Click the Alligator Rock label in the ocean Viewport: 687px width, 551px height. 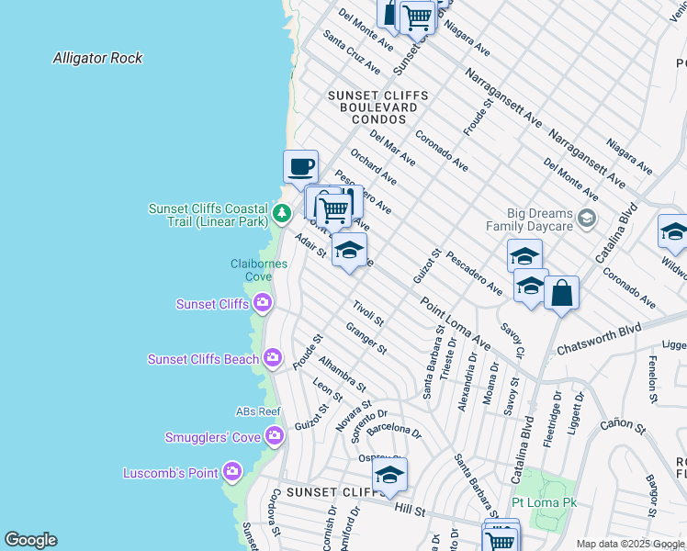[x=97, y=58]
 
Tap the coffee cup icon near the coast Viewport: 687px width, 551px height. [x=300, y=167]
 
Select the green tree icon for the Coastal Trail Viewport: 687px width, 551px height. [x=282, y=216]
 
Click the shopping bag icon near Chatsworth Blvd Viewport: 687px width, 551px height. [x=561, y=294]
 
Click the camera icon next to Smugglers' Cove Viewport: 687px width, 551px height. [x=273, y=436]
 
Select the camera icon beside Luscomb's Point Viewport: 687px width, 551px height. [x=232, y=473]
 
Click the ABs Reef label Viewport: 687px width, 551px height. [x=258, y=412]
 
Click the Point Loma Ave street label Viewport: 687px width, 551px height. [x=455, y=323]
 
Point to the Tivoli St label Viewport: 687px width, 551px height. [x=368, y=314]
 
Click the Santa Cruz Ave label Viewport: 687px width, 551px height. [x=352, y=54]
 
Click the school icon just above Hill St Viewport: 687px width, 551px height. [x=389, y=475]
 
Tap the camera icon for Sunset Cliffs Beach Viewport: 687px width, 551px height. [x=273, y=357]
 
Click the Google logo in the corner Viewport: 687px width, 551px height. [x=30, y=540]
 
